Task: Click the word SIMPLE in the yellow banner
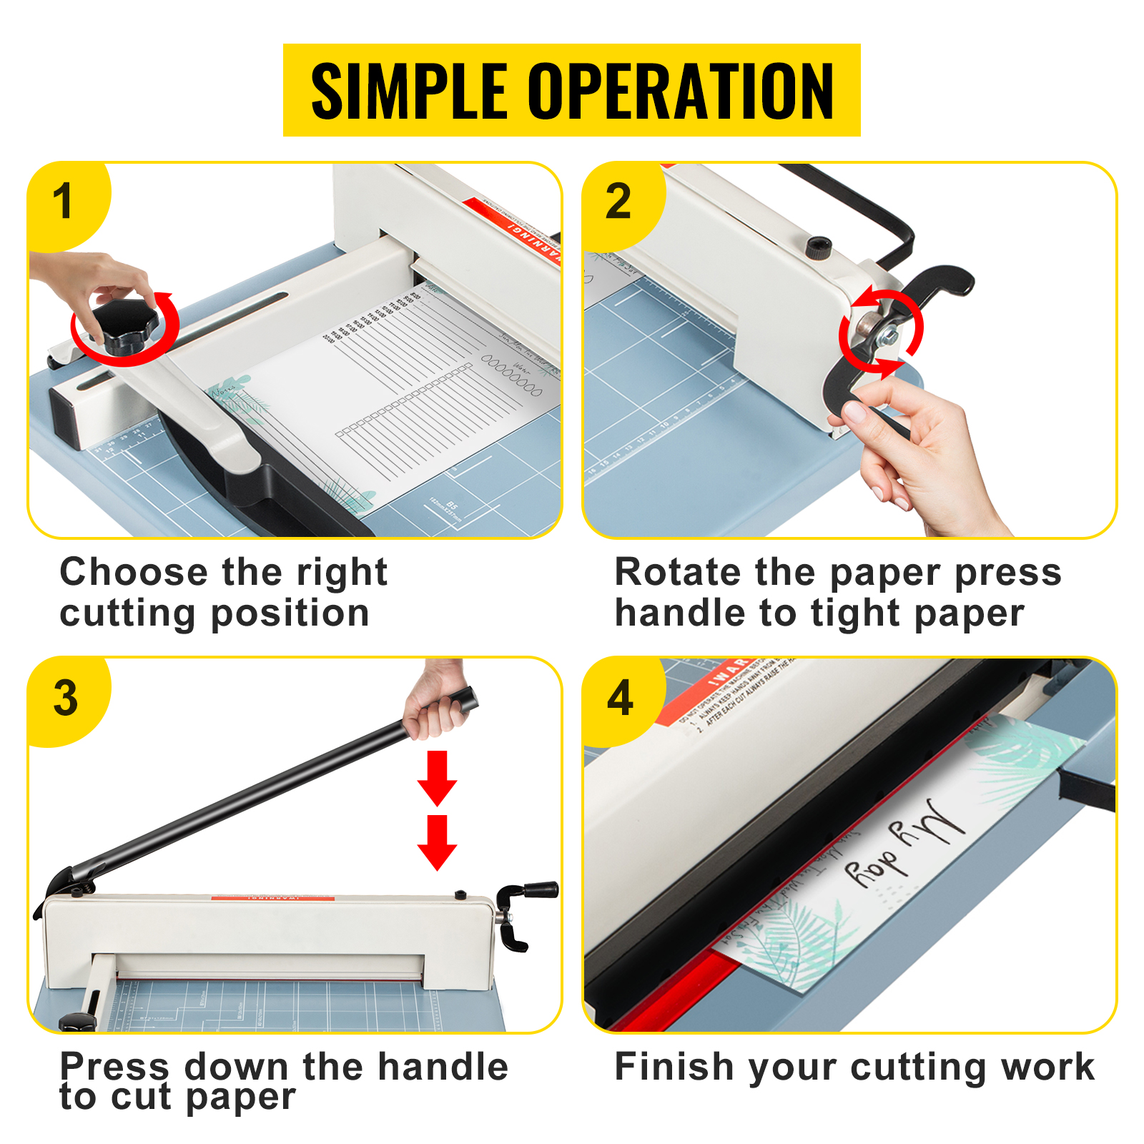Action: [409, 91]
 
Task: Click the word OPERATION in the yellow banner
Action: [681, 91]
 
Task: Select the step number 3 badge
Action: [65, 698]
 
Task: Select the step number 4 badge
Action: [620, 698]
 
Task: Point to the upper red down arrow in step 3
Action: [437, 777]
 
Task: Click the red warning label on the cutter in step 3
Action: [272, 897]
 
